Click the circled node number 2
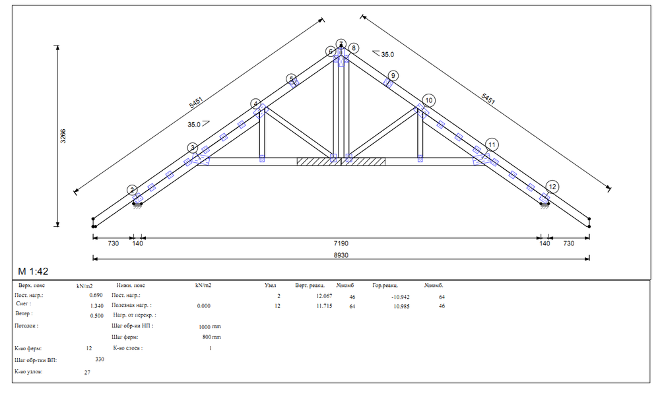[132, 190]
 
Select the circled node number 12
[552, 187]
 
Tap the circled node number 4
[255, 104]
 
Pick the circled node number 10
[429, 100]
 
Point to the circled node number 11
[492, 144]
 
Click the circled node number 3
[192, 147]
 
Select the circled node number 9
[393, 75]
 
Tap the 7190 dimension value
[341, 243]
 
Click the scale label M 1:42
[33, 271]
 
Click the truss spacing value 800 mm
[211, 337]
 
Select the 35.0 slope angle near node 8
[387, 55]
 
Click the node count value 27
[87, 373]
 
